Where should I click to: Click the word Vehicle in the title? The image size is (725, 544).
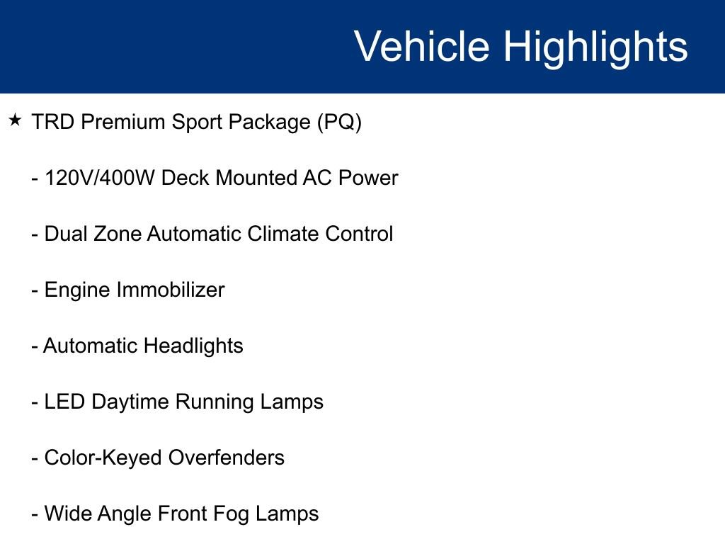coord(422,47)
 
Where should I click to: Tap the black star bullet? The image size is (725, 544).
coord(16,120)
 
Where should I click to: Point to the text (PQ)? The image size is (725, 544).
coord(339,123)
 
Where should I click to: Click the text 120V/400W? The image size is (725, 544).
coord(100,178)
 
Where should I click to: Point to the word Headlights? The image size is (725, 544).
coord(193,346)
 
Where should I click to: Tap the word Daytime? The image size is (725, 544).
coord(130,402)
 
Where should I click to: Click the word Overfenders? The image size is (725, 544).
coord(226,458)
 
